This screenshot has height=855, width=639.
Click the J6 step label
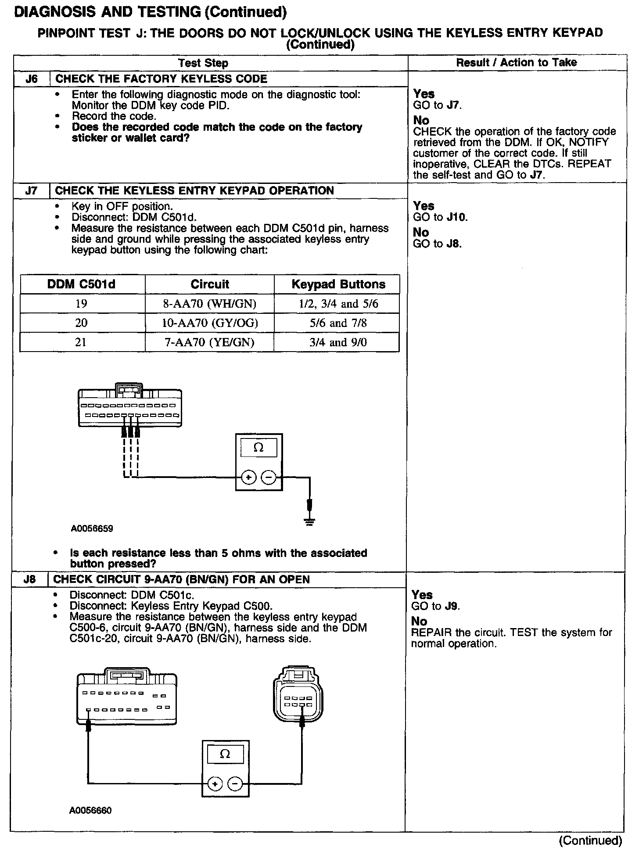[31, 79]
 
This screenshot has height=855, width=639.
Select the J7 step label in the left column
[31, 191]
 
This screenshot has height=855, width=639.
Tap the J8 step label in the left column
[29, 579]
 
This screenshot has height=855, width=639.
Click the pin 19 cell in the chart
[81, 304]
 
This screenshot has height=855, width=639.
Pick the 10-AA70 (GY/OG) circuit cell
[210, 323]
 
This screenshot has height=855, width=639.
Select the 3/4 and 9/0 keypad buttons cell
[337, 342]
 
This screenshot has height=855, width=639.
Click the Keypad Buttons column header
[338, 284]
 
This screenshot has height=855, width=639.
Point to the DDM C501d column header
[81, 284]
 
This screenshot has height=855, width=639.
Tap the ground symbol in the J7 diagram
[310, 521]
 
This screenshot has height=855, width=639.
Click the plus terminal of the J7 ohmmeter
[248, 477]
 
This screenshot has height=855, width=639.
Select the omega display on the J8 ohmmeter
[225, 754]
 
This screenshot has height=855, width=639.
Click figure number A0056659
[92, 529]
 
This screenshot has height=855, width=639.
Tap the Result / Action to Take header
[516, 63]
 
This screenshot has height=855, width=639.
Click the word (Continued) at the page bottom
[590, 841]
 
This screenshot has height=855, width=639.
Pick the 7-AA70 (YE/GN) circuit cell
[209, 342]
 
